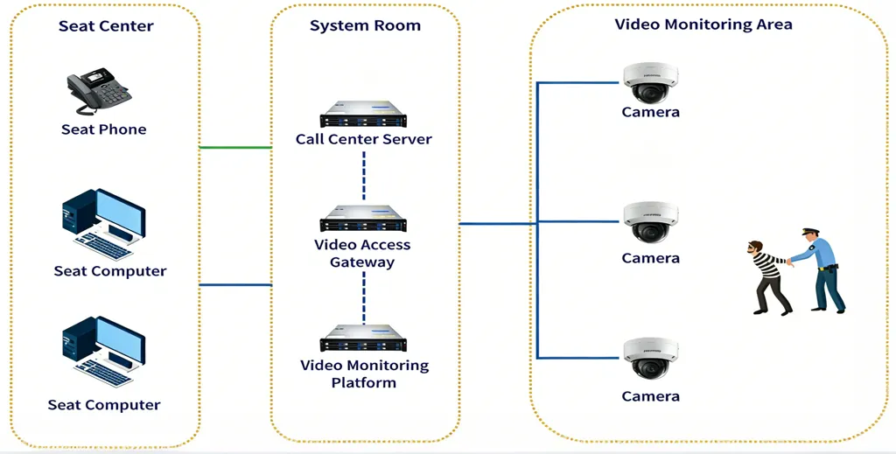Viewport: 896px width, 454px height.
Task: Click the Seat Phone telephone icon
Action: [x=99, y=91]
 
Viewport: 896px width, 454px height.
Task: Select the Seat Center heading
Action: [x=106, y=26]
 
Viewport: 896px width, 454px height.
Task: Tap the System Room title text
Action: [x=365, y=26]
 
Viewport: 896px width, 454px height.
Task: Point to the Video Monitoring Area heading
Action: [x=703, y=24]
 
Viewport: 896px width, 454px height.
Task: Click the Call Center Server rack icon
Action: [x=364, y=114]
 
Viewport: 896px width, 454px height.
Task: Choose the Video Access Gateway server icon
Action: [x=364, y=219]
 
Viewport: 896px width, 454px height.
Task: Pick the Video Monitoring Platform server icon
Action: [x=364, y=338]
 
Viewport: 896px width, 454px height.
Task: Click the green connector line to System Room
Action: [x=235, y=148]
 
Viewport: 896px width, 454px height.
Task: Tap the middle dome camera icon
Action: [x=649, y=222]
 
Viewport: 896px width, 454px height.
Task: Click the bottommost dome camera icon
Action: [x=649, y=359]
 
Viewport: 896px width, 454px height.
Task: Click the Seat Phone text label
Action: [x=103, y=129]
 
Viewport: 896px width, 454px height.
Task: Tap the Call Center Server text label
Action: [x=363, y=139]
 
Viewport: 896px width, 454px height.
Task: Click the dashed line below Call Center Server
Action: [x=364, y=174]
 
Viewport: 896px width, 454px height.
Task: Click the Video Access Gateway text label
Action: [x=362, y=254]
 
